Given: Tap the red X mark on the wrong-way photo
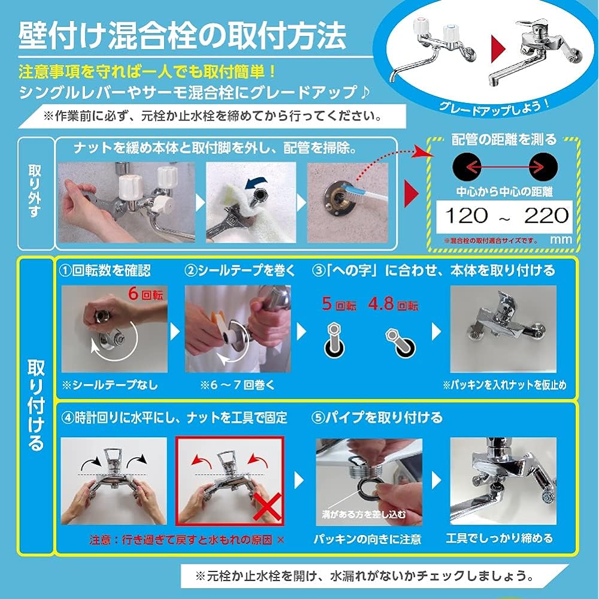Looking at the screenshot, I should [267, 507].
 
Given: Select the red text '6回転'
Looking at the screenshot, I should [146, 294].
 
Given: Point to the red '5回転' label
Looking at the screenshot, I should [339, 304].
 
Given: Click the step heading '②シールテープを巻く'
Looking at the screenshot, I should [240, 270].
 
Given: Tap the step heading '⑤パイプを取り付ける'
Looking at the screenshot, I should [377, 418].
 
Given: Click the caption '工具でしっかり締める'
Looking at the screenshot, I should [499, 539].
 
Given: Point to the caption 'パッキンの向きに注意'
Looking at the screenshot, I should [368, 539].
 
